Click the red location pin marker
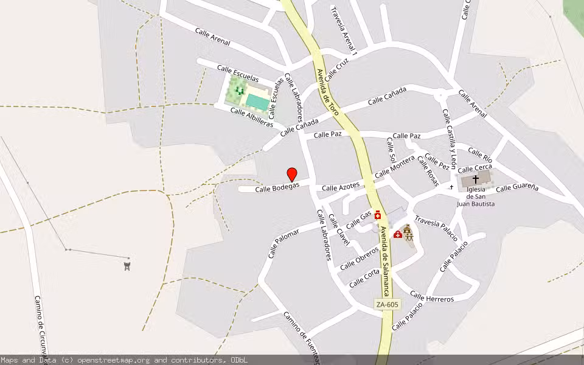(x=292, y=174)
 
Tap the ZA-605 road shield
(x=387, y=304)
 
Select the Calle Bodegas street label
(x=277, y=189)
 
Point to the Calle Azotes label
(x=341, y=187)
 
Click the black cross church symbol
(x=476, y=179)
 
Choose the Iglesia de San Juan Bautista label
(x=476, y=196)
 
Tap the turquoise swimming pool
(x=258, y=102)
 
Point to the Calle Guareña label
(x=517, y=188)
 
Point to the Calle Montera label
(x=394, y=167)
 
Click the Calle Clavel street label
(x=339, y=230)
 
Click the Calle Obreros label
(x=360, y=259)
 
